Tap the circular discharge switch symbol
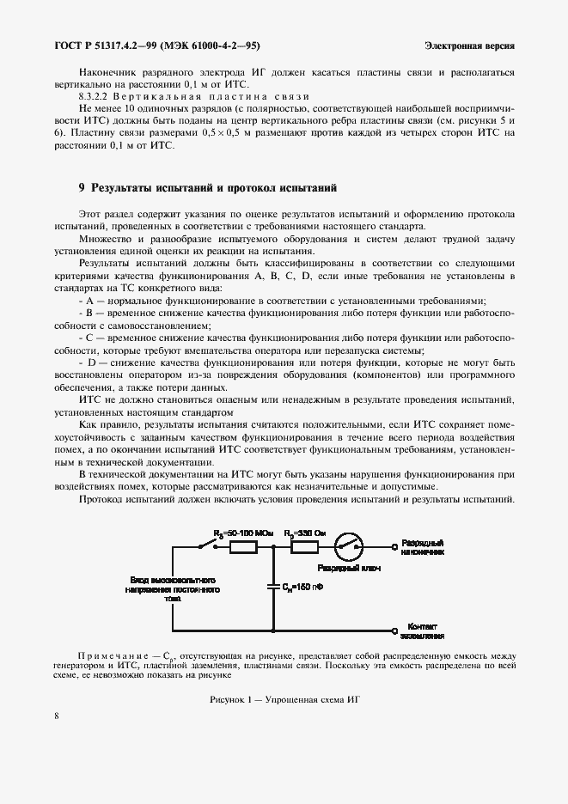pos(349,545)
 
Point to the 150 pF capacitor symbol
pos(273,588)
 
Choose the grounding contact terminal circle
pos(394,631)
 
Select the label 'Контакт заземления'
pos(425,631)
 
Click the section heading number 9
pos(82,186)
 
